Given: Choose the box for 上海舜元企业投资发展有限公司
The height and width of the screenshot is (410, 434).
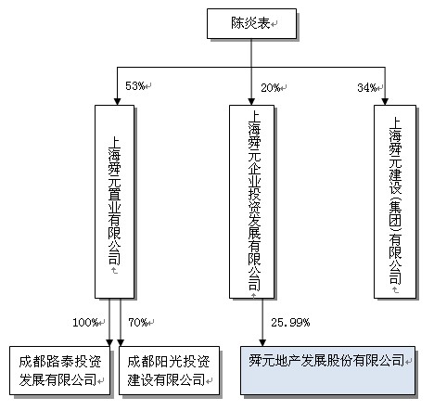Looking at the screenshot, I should tap(250, 200).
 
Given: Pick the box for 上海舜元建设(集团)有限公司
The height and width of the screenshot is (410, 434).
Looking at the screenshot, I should tap(394, 200).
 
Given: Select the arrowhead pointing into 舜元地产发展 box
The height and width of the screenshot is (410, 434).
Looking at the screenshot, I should tap(262, 339).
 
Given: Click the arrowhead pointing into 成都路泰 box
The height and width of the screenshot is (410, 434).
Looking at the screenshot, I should tap(108, 340).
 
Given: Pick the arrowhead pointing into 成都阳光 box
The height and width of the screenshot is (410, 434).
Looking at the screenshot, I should tap(121, 340).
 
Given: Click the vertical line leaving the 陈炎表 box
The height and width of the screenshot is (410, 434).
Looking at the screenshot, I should tap(250, 54).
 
